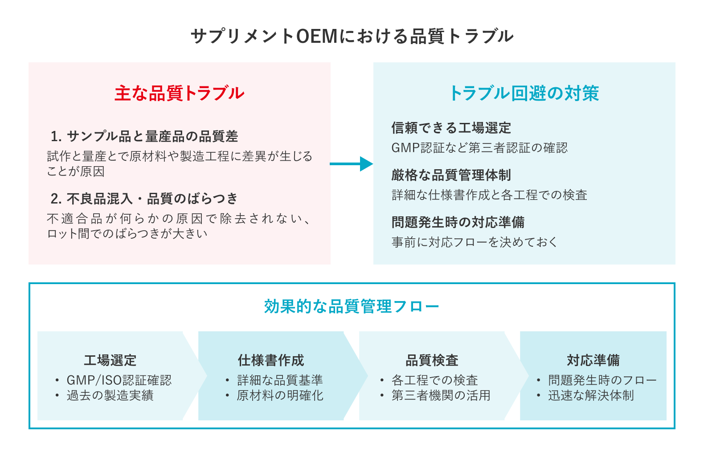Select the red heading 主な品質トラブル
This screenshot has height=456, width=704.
point(180,94)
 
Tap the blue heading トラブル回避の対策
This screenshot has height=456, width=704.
point(524,94)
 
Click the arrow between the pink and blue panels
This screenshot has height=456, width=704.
point(351,164)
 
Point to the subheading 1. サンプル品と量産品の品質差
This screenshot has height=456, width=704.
point(144,136)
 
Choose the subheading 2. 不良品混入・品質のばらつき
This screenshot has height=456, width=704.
point(144,199)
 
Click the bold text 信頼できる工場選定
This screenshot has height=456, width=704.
point(451,128)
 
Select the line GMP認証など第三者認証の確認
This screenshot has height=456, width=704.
point(479,148)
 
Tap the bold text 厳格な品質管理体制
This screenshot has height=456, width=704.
point(451,175)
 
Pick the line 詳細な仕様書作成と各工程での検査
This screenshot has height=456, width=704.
point(489,195)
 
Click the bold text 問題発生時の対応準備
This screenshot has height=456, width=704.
point(458,222)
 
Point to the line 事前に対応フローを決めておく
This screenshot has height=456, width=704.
point(475,242)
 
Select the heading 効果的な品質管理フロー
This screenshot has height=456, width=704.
point(352,306)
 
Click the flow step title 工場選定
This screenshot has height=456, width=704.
point(110,360)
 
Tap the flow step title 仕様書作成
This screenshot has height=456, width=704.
point(271,360)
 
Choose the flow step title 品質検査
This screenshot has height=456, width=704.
point(432,360)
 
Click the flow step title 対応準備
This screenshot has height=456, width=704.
point(593,360)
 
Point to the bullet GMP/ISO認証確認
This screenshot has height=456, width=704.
point(119,380)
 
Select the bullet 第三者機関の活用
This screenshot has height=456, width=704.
point(441,395)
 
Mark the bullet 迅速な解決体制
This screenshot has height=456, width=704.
point(591,395)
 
